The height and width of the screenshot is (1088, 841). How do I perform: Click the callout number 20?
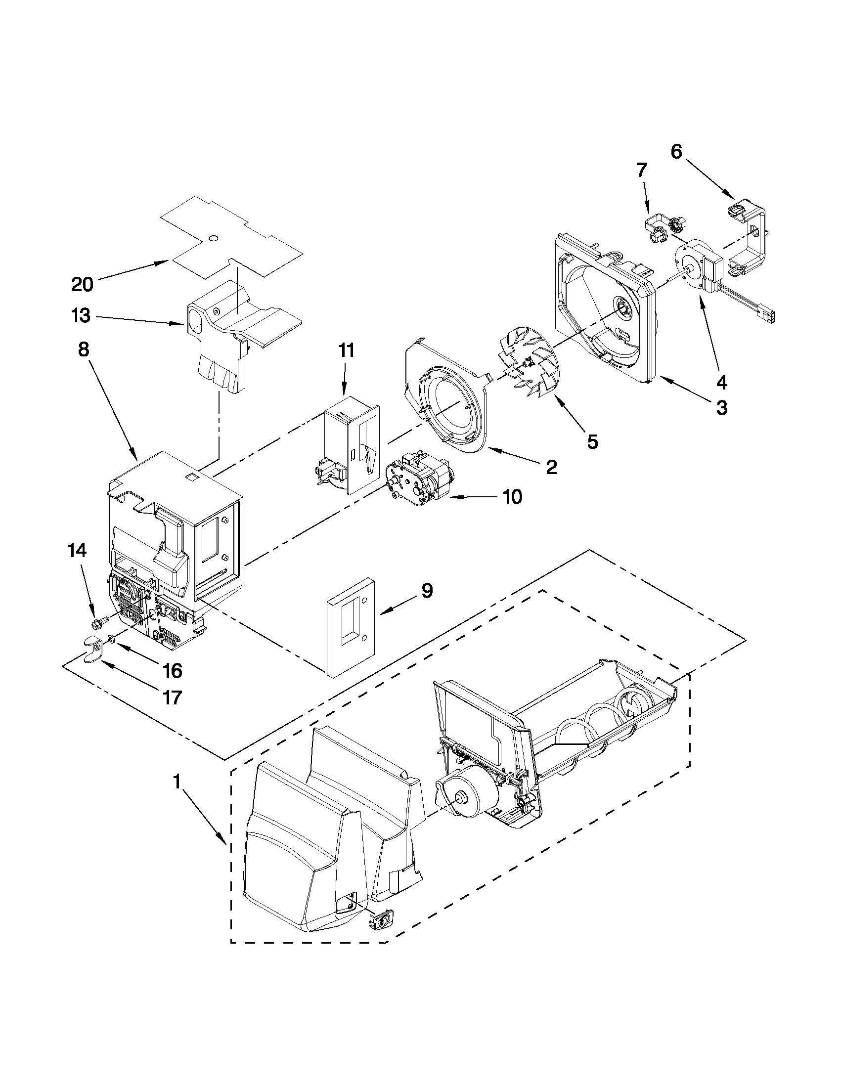click(82, 285)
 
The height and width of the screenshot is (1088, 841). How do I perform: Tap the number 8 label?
click(84, 349)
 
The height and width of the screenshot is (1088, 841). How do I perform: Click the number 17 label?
click(172, 697)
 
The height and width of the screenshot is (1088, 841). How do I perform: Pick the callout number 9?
click(427, 591)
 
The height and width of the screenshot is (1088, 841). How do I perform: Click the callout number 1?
click(177, 783)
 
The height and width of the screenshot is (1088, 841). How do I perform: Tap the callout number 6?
click(676, 151)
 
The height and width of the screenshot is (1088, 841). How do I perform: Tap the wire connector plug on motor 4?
click(767, 316)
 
